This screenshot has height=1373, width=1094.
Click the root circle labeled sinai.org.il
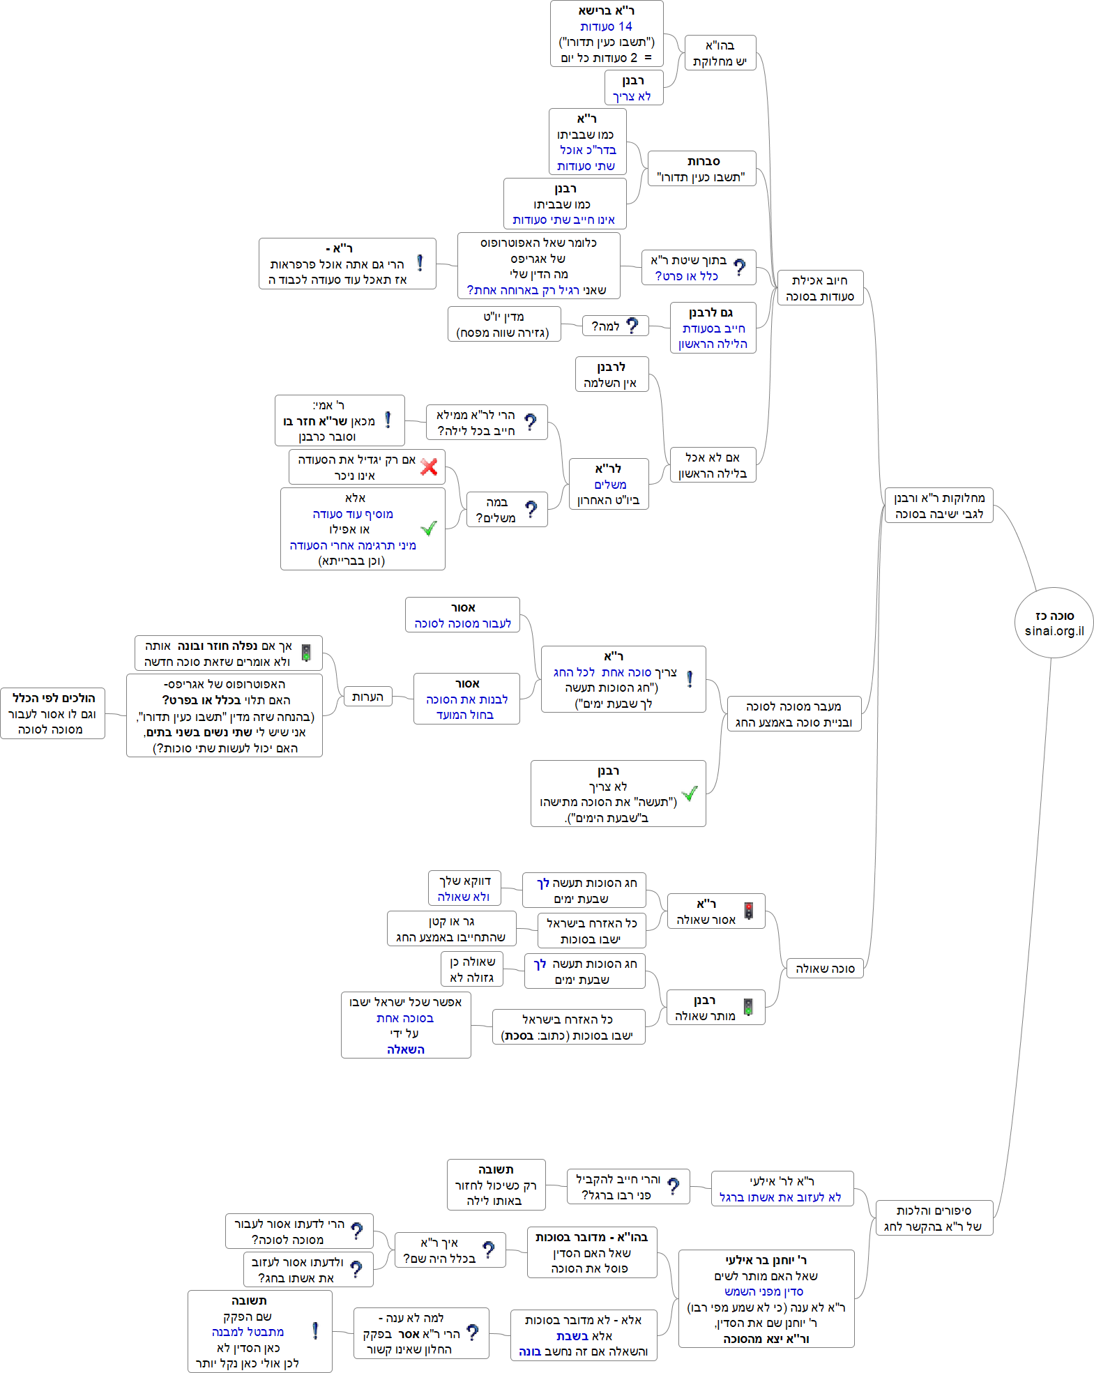pyautogui.click(x=1054, y=623)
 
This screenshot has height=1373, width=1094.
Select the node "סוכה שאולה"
pyautogui.click(x=824, y=969)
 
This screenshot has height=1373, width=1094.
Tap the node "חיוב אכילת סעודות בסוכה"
pyautogui.click(x=819, y=288)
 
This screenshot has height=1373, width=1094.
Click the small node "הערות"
pyautogui.click(x=367, y=697)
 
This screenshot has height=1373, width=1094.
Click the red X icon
pyautogui.click(x=429, y=466)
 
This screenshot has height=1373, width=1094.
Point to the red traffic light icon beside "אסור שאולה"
pyautogui.click(x=748, y=911)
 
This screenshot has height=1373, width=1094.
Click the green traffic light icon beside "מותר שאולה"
pyautogui.click(x=748, y=1007)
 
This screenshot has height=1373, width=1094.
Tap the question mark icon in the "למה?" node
pyautogui.click(x=632, y=326)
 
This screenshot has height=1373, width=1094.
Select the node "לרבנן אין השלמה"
pyautogui.click(x=611, y=374)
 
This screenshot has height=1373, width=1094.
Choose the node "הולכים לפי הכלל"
pyautogui.click(x=52, y=713)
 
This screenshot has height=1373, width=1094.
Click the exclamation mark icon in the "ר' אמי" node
pyautogui.click(x=388, y=420)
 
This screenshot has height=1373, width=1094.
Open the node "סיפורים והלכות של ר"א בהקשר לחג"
pyautogui.click(x=933, y=1218)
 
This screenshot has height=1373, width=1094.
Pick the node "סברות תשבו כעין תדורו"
pyautogui.click(x=701, y=169)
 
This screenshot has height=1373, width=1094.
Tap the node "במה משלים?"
pyautogui.click(x=506, y=510)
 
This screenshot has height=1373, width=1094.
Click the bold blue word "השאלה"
pyautogui.click(x=405, y=1049)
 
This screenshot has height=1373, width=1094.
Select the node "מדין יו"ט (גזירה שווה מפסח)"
pyautogui.click(x=503, y=324)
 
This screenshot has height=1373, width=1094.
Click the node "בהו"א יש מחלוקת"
pyautogui.click(x=720, y=53)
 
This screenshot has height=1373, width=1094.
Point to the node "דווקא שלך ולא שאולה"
pyautogui.click(x=464, y=888)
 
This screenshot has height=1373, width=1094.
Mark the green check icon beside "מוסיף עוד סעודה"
pyautogui.click(x=430, y=528)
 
